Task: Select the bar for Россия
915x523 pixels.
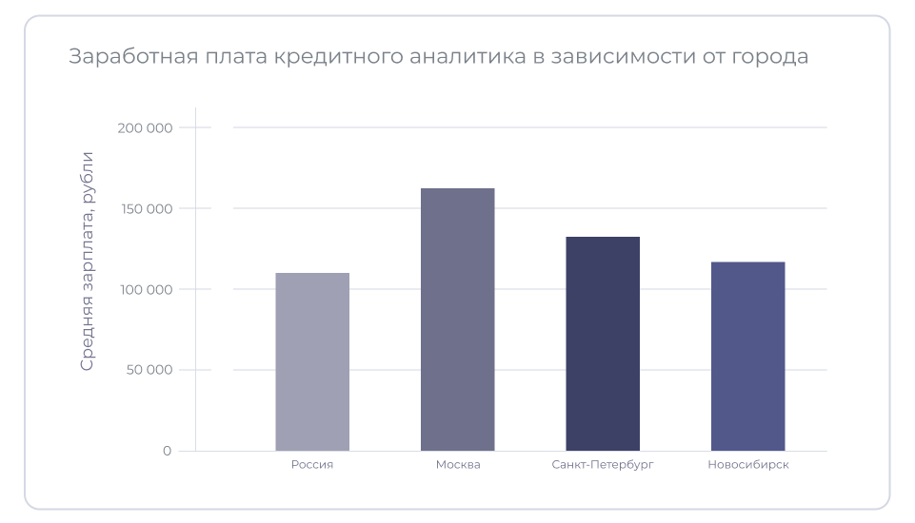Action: coord(312,361)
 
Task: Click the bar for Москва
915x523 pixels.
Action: coord(457,320)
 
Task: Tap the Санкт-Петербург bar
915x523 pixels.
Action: coord(603,343)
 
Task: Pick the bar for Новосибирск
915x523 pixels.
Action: coord(747,356)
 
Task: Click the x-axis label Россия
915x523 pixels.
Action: coord(312,465)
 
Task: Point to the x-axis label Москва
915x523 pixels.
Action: coord(458,465)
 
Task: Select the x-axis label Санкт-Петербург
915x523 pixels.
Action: coord(603,465)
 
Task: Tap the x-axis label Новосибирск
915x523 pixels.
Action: coord(748,465)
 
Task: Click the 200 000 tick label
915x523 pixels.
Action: coord(146,128)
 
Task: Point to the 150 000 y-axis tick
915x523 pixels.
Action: coord(147,209)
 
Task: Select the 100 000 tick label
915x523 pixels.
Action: coord(147,289)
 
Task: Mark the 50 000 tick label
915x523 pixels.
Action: coord(149,370)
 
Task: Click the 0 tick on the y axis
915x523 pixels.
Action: coord(167,451)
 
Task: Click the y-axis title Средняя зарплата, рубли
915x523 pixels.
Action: coord(88,261)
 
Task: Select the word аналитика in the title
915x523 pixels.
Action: coord(464,57)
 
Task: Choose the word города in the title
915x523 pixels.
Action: coord(769,57)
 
